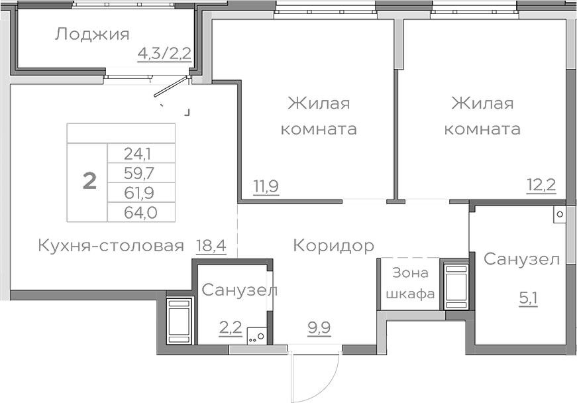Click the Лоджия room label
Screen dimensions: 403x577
point(91,34)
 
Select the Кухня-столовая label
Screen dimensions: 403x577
point(110,247)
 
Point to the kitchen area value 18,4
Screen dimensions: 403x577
point(211,247)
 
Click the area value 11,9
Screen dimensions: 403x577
point(266,186)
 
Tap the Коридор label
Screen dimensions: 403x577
point(333,246)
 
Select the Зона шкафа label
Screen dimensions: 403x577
point(411,283)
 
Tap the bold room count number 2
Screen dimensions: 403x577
point(89,180)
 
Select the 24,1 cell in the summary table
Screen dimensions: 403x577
point(138,154)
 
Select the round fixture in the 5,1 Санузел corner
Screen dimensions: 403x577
point(560,215)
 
